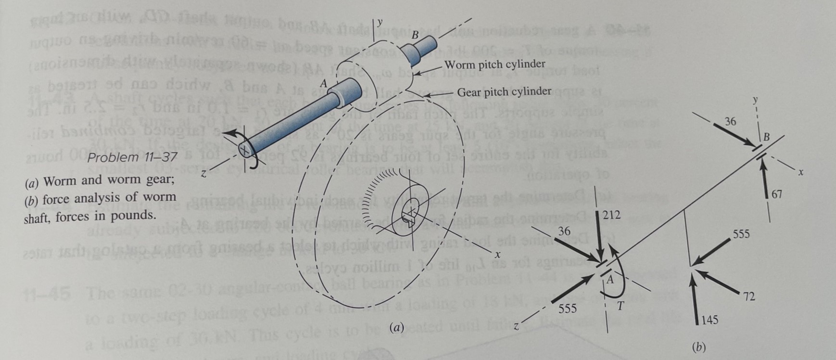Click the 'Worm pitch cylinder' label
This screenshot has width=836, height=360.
[495, 64]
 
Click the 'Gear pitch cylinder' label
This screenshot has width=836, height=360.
[504, 91]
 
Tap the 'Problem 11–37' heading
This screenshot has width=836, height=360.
[132, 157]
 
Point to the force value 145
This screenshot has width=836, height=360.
[709, 320]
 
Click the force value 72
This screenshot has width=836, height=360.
[748, 297]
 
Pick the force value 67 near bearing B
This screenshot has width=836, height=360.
[777, 194]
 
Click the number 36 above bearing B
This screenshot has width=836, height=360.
[730, 121]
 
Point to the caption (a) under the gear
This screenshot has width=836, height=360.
[397, 328]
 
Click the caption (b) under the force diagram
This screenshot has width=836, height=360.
[698, 347]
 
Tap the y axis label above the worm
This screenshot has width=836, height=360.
[380, 22]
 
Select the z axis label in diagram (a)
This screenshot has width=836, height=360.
[203, 174]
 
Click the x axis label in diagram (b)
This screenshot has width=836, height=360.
[800, 171]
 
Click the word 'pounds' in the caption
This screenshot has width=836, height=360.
[136, 215]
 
